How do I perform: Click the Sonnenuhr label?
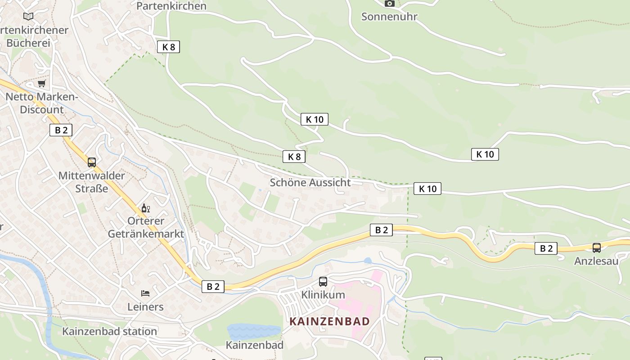(389, 17)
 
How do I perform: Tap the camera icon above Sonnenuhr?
(389, 4)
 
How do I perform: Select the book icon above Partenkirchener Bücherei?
(28, 16)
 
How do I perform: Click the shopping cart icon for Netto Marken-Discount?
(42, 84)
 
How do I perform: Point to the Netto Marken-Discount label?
(41, 103)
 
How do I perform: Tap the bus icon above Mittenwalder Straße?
(92, 162)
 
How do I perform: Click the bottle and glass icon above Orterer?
(146, 208)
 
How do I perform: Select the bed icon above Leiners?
(145, 293)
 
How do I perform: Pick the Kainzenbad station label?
(109, 331)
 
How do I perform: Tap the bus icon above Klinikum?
(323, 282)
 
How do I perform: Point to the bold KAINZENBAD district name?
(329, 321)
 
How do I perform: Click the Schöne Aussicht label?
(310, 182)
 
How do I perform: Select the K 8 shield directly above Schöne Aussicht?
(294, 157)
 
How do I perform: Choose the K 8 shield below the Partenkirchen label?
(168, 47)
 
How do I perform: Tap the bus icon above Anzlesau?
(597, 247)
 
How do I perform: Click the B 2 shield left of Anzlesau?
(546, 248)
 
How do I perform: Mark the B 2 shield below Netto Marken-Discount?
(61, 130)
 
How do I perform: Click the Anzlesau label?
(596, 261)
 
